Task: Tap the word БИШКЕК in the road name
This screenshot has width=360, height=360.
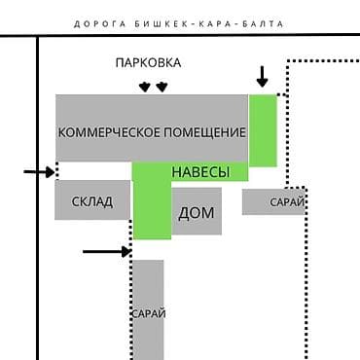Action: point(162,25)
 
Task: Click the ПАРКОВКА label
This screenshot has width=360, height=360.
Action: point(148,63)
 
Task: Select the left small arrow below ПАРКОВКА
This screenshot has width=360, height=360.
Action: point(144,87)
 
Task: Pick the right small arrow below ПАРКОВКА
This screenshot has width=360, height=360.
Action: point(162,87)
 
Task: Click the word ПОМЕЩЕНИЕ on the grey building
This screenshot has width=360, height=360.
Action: point(200,131)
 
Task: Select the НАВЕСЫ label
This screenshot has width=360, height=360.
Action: point(200,172)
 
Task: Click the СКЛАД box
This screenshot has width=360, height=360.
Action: point(91,201)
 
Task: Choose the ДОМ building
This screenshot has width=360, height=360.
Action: point(197,212)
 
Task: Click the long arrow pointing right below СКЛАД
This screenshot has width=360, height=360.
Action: point(105,251)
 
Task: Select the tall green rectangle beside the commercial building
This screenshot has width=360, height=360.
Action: point(263,129)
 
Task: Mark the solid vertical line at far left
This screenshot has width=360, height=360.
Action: point(36,195)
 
